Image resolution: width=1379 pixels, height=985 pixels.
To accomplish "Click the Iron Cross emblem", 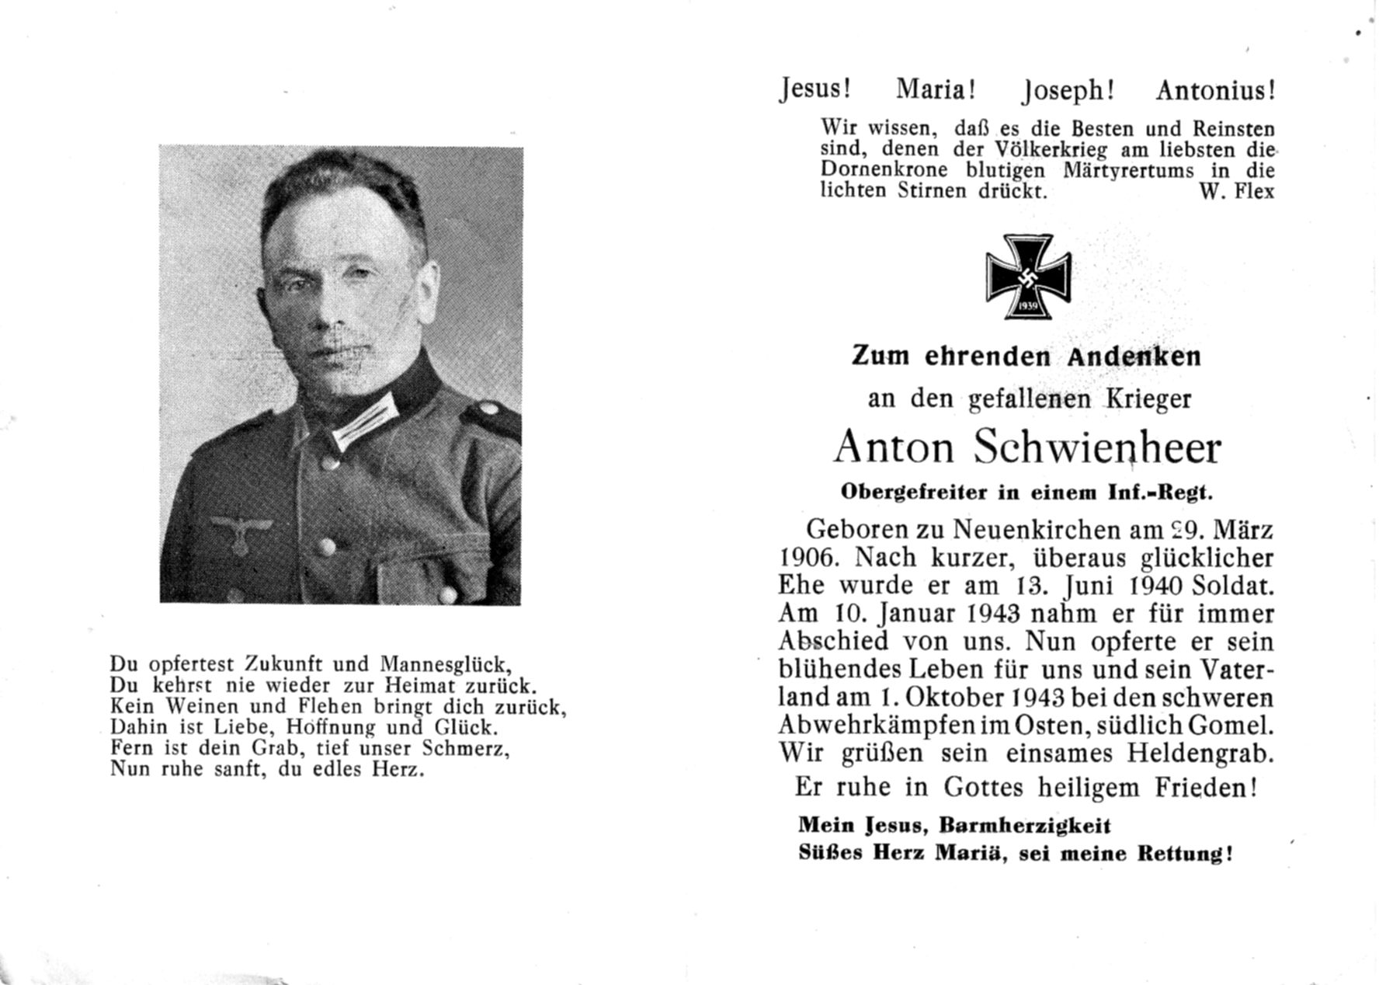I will point(1028,277).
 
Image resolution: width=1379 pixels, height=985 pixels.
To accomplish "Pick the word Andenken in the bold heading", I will point(1134,356).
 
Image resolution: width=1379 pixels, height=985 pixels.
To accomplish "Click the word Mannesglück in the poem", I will point(444,666).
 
